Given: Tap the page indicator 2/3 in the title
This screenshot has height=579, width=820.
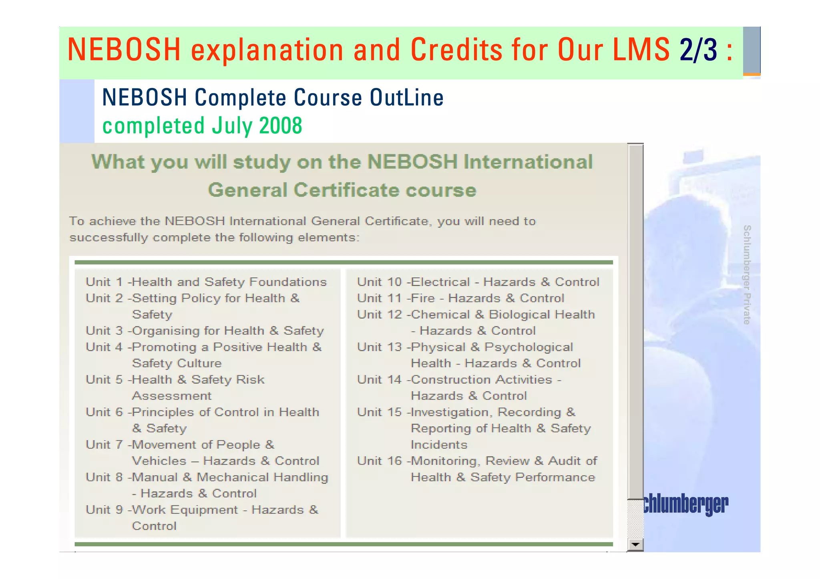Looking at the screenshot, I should click(x=698, y=50).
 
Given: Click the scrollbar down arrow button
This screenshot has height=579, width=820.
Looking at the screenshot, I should click(x=635, y=544).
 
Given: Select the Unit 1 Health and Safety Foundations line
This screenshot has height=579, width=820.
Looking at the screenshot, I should click(x=206, y=282).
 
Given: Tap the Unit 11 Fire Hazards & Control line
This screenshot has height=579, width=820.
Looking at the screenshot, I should click(x=460, y=298).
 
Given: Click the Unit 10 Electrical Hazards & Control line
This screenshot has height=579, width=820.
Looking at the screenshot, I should click(x=478, y=282).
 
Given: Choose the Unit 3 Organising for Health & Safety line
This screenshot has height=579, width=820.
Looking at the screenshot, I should click(x=205, y=331).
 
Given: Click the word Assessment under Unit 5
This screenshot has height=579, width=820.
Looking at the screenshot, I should click(x=171, y=396).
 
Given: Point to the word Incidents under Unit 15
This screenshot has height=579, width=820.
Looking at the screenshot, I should click(x=439, y=445).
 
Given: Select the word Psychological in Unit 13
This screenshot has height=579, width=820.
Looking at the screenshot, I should click(x=529, y=347).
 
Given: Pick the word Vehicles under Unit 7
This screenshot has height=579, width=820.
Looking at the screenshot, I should click(x=159, y=461).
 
